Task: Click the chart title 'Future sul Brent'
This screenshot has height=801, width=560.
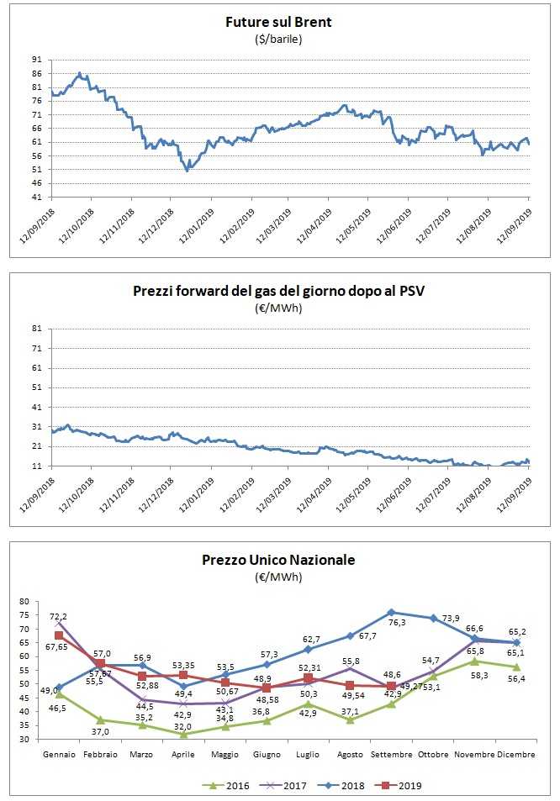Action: coord(278,23)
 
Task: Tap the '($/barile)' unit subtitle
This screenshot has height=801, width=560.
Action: coord(278,39)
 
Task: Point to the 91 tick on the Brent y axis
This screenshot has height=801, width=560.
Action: coord(35,61)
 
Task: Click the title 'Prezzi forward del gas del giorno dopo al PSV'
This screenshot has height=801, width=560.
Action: coord(278,292)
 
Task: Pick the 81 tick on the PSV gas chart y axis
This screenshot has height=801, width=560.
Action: coord(35,329)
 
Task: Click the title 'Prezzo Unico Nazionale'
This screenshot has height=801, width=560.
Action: coord(278,560)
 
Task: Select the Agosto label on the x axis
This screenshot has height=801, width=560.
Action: coord(349,755)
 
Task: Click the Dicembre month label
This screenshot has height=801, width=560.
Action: coord(515,755)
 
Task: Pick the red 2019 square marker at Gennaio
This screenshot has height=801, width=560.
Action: coord(59,635)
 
